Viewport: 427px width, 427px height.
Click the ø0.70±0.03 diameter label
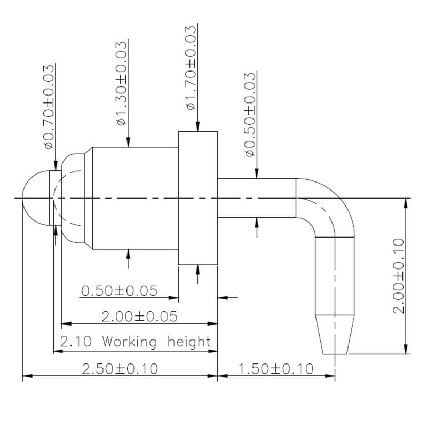(49, 107)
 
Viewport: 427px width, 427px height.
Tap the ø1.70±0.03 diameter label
(191, 68)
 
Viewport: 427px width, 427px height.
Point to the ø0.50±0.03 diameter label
(250, 114)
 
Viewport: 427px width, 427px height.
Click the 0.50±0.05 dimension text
(119, 290)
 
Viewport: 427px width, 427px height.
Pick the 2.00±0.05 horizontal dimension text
(139, 317)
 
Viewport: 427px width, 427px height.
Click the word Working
(129, 342)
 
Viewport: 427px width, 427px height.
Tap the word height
(189, 342)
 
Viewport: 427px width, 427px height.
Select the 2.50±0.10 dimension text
(120, 369)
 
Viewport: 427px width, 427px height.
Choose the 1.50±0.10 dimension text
(276, 369)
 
